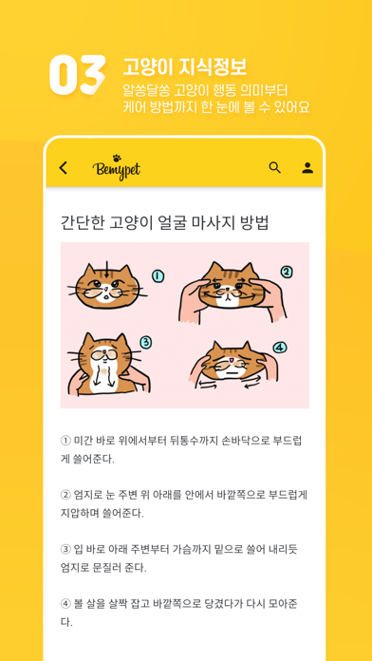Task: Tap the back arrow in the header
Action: click(x=64, y=168)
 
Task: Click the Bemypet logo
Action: click(x=117, y=168)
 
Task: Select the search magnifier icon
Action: click(x=274, y=168)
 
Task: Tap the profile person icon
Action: click(x=307, y=168)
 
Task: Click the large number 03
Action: click(x=77, y=75)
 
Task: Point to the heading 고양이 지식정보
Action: click(x=184, y=66)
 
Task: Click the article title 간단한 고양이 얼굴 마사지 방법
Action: click(x=165, y=222)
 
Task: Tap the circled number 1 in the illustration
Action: click(x=158, y=277)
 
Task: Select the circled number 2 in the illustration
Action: click(x=286, y=273)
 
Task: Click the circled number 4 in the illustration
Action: click(x=280, y=348)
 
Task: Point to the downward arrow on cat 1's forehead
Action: click(x=106, y=270)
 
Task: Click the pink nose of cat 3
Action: click(x=101, y=352)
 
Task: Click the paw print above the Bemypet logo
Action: click(x=118, y=158)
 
